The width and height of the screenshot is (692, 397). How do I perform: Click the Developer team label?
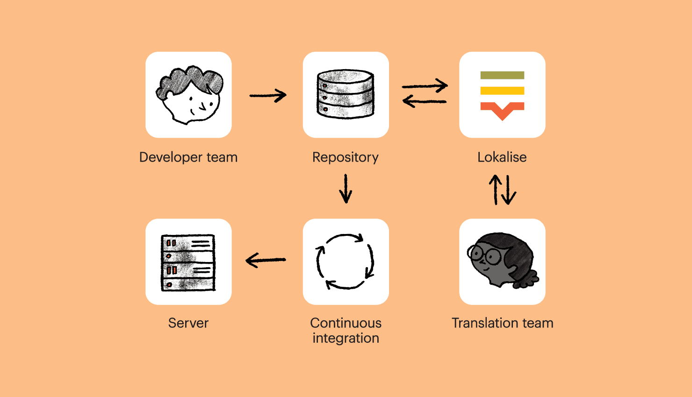pyautogui.click(x=188, y=157)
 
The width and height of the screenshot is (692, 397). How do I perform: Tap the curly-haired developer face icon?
pyautogui.click(x=189, y=95)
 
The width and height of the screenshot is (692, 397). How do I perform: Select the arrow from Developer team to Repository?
pyautogui.click(x=267, y=96)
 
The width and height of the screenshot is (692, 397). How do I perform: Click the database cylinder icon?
pyautogui.click(x=346, y=94)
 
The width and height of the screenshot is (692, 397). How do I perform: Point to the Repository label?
pyautogui.click(x=346, y=157)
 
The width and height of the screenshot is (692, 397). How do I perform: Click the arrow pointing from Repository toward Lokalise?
pyautogui.click(x=425, y=86)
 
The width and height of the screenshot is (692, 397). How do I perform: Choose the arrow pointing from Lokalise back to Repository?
pyautogui.click(x=425, y=101)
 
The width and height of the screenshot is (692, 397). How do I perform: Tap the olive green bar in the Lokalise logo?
pyautogui.click(x=502, y=75)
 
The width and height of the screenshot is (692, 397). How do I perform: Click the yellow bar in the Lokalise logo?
pyautogui.click(x=502, y=91)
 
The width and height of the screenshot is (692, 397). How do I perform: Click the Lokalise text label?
pyautogui.click(x=502, y=157)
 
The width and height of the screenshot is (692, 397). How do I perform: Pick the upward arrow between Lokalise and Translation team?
pyautogui.click(x=496, y=190)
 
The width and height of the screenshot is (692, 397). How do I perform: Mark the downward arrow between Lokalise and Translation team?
pyautogui.click(x=509, y=190)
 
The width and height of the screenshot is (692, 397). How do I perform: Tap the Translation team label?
pyautogui.click(x=502, y=323)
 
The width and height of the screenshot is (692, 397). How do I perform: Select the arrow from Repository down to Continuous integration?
pyautogui.click(x=346, y=189)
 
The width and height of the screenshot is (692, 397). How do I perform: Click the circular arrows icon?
pyautogui.click(x=346, y=262)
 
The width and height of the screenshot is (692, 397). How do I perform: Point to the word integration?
pyautogui.click(x=346, y=338)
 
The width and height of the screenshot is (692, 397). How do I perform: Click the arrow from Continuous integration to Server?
pyautogui.click(x=266, y=260)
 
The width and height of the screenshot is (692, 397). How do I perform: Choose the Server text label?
pyautogui.click(x=188, y=323)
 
